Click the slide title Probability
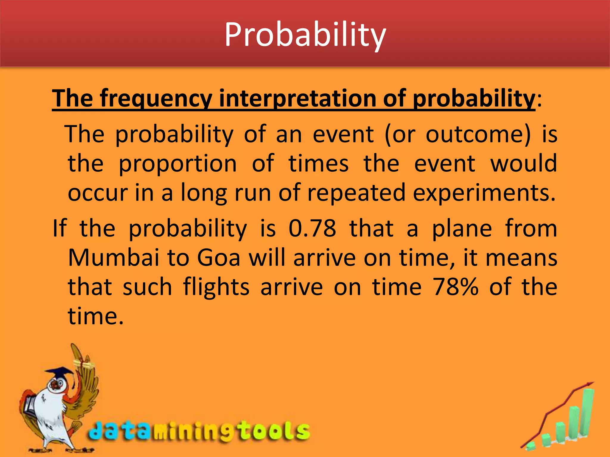[x=305, y=35]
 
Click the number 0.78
[x=312, y=228]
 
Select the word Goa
[x=218, y=258]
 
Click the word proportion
[x=178, y=164]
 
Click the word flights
[x=216, y=287]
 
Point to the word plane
[x=462, y=228]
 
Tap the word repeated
[x=356, y=193]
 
